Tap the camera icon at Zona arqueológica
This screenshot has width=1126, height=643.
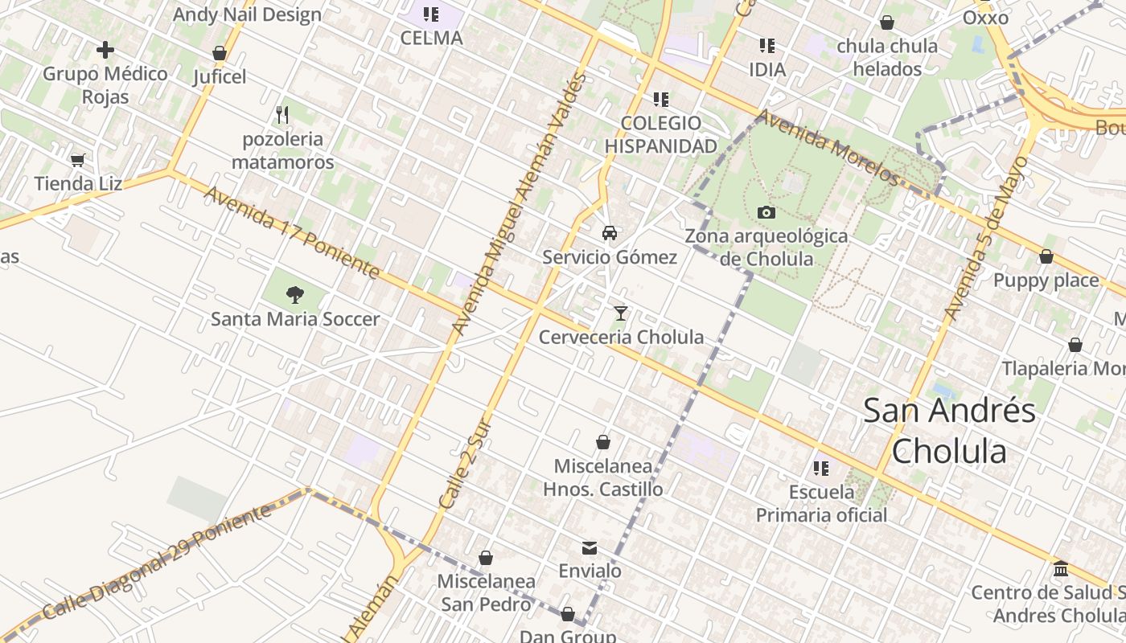pyautogui.click(x=766, y=212)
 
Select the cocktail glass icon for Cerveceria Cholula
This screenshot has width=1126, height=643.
pyautogui.click(x=620, y=313)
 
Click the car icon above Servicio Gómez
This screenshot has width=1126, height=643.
pyautogui.click(x=610, y=233)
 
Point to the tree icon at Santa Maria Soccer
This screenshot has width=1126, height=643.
pyautogui.click(x=295, y=295)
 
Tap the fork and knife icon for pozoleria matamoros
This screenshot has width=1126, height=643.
pyautogui.click(x=282, y=115)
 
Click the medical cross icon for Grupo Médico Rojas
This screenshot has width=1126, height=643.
pyautogui.click(x=105, y=51)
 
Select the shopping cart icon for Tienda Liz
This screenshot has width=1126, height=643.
pyautogui.click(x=78, y=160)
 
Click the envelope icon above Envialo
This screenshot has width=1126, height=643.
pyautogui.click(x=590, y=547)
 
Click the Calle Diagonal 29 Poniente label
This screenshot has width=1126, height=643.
pyautogui.click(x=157, y=563)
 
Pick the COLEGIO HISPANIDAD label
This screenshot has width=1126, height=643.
pyautogui.click(x=660, y=134)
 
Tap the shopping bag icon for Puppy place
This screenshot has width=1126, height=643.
pyautogui.click(x=1046, y=257)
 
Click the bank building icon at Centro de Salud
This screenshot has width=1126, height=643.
pyautogui.click(x=1061, y=568)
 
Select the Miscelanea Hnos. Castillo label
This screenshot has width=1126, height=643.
pyautogui.click(x=603, y=477)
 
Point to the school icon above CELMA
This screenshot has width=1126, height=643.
pyautogui.click(x=431, y=14)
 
